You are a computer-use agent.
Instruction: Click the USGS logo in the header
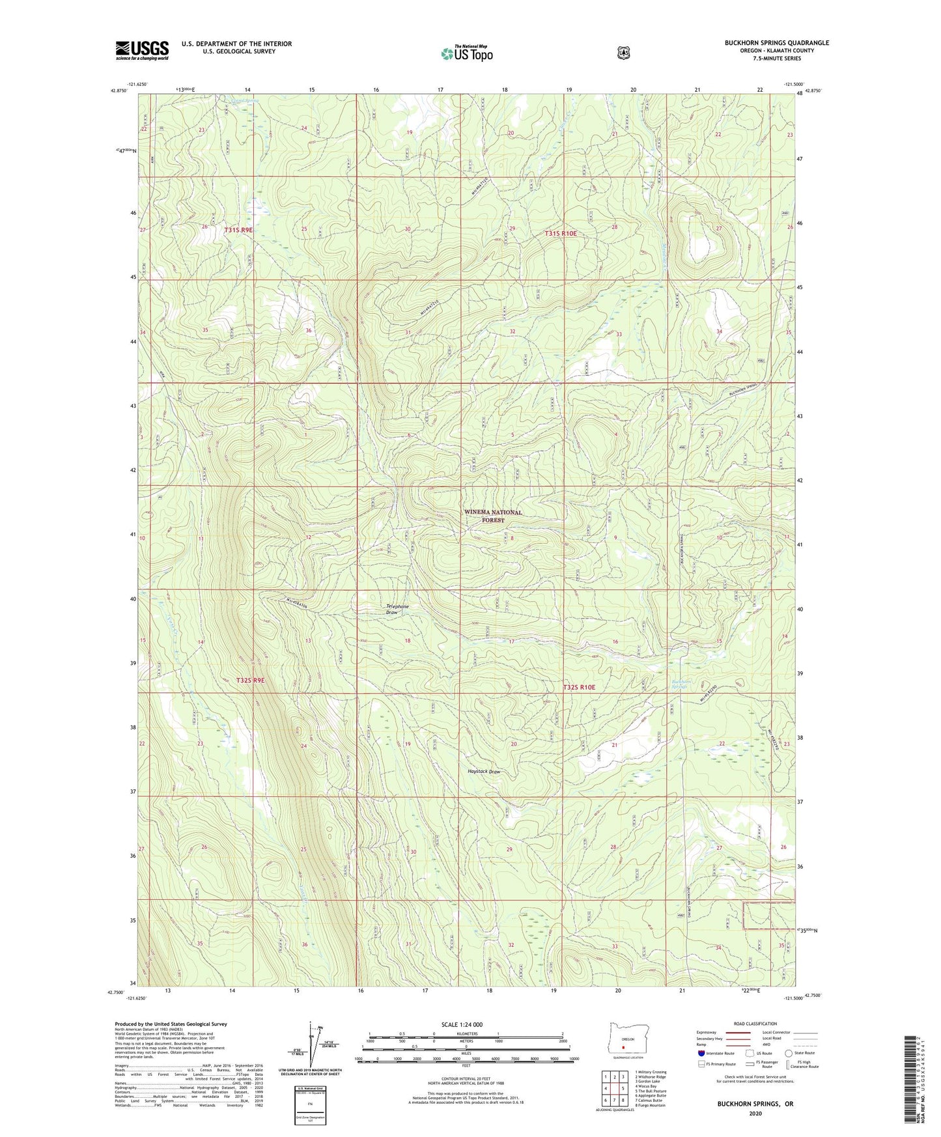142,50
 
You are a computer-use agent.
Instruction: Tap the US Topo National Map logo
466,53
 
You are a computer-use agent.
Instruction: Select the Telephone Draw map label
397,610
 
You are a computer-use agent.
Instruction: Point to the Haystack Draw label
484,772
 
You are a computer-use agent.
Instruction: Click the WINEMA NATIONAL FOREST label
493,516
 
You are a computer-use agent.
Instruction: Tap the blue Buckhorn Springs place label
681,684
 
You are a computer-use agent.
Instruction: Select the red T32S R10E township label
579,687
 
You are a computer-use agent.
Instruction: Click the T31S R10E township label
561,233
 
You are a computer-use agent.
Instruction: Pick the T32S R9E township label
251,680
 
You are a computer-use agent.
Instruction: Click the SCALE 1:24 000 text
462,1024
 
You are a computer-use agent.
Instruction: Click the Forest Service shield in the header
623,52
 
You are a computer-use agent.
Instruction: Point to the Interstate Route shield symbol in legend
701,1053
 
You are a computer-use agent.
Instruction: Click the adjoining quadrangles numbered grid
614,1089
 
